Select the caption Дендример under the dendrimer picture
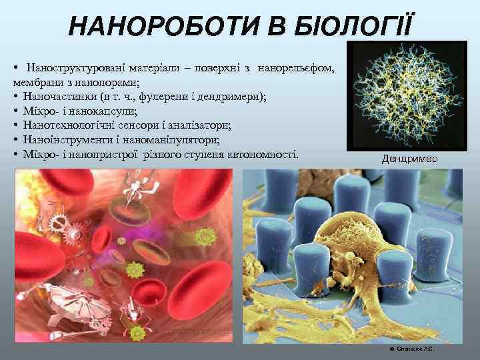pos(409,159)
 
